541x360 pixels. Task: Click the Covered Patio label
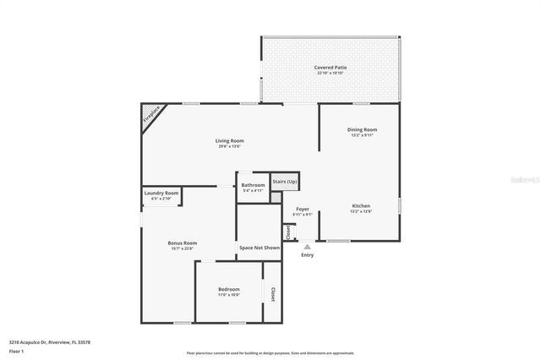click(331, 67)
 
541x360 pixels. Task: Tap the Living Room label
click(229, 140)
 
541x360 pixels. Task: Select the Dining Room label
click(360, 129)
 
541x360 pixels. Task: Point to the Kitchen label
click(361, 205)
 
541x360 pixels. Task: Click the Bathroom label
click(253, 185)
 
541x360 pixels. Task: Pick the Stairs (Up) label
click(285, 181)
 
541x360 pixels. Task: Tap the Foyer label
click(303, 209)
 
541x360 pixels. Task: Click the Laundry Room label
click(161, 194)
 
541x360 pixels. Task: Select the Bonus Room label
click(182, 243)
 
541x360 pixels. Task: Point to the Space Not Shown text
click(259, 248)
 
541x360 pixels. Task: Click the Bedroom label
click(228, 289)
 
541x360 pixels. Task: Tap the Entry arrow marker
click(307, 247)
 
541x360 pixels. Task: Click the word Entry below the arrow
click(307, 255)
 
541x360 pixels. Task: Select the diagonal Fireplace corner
click(152, 114)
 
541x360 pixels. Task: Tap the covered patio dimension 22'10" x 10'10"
click(331, 74)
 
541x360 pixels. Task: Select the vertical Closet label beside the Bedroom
click(272, 293)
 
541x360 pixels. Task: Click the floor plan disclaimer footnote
click(270, 352)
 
